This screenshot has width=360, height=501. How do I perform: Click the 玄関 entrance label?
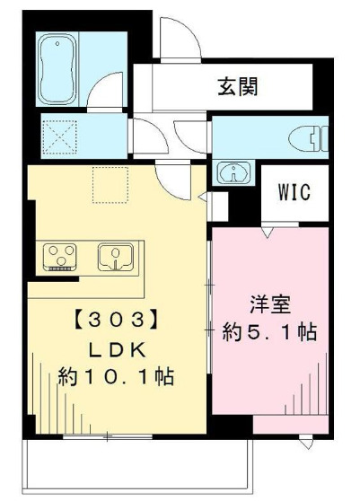pos(238,87)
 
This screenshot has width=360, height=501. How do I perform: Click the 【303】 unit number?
pos(117,317)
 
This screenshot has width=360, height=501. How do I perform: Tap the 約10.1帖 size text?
pos(117,375)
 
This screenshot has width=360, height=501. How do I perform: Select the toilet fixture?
pos(310,138)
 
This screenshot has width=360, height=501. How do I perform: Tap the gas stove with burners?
pos(62,257)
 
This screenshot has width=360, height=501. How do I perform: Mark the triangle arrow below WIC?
pos(267,233)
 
